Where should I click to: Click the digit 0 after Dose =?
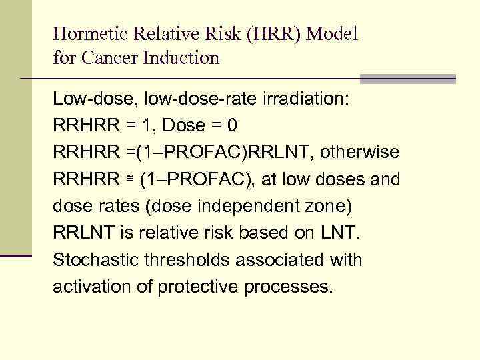tap(231, 126)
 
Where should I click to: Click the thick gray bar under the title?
tap(407, 79)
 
